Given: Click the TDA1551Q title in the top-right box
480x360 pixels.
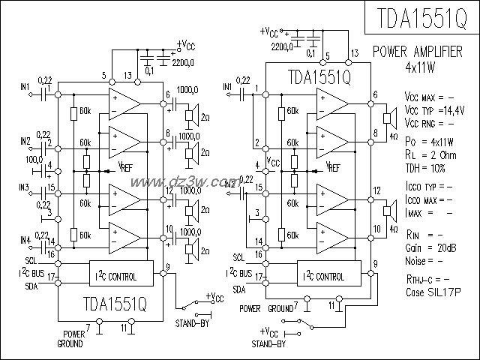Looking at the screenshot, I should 421,18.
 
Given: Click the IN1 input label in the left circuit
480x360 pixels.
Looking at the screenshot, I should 25,86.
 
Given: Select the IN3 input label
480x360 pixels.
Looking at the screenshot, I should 25,187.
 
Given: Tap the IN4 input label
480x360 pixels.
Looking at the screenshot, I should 25,239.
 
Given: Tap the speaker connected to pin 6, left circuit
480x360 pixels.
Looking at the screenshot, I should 192,115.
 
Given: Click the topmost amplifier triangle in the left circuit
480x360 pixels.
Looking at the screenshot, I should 123,100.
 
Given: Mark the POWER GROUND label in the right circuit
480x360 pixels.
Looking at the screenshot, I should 267,308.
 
